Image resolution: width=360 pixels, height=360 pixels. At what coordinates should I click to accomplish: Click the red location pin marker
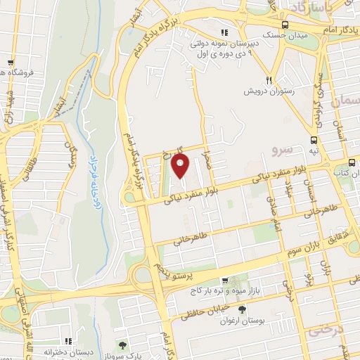coord(181,167)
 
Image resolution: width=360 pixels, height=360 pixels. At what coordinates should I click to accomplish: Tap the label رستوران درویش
coord(267,91)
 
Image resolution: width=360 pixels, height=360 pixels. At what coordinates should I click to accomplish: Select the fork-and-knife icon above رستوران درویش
coord(268,79)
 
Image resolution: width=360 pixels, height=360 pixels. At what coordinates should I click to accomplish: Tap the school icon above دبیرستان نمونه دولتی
coord(224,32)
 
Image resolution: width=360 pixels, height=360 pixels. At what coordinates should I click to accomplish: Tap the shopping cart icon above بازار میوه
coord(224,279)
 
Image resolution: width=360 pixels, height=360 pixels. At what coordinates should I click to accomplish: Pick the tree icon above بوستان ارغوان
coord(243,309)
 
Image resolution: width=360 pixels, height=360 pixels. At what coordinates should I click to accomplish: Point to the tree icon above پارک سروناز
coord(124,344)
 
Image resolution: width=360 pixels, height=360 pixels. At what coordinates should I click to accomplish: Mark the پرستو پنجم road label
coord(169,271)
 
